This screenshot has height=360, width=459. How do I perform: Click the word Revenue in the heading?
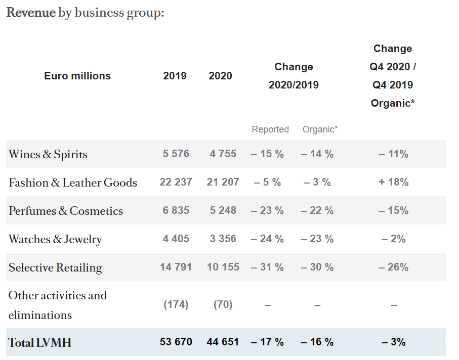coord(31,13)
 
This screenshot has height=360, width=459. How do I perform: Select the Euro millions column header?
coord(77,76)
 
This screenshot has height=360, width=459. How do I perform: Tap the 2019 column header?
coord(175,76)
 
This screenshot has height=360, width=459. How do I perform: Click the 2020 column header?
coord(220,76)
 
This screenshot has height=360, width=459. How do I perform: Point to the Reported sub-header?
coord(270,129)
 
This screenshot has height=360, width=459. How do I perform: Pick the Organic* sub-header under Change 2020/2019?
coord(320,129)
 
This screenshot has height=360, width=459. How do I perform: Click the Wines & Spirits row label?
coord(48,154)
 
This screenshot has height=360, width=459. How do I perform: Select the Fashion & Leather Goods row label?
coord(73,183)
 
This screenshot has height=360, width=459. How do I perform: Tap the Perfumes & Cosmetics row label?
coord(66,211)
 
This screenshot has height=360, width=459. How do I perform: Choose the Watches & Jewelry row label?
coord(55,239)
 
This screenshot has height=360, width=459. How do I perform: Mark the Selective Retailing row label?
coord(55,267)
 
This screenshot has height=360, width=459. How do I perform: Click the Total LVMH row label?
coord(40,342)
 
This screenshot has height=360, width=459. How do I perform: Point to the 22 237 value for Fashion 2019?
coord(176,182)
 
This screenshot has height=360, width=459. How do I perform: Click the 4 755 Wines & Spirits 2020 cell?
coord(223,154)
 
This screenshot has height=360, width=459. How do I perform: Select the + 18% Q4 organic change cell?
coord(393,182)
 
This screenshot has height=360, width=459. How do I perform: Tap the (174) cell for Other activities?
coord(176,304)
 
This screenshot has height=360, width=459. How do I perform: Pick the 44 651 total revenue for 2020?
coord(223,342)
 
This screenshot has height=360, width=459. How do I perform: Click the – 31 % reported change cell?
coord(267,267)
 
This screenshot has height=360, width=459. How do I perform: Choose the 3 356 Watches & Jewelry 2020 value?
coord(223,239)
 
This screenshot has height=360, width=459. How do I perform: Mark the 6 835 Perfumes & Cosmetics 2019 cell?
coord(176,210)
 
